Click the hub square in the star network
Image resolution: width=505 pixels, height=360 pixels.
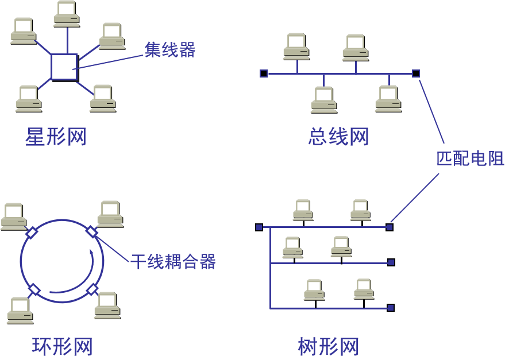(x=64, y=67)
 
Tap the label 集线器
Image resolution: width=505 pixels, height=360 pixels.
(x=169, y=50)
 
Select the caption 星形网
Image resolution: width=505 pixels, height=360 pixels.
(x=56, y=137)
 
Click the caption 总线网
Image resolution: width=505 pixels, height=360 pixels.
(x=338, y=137)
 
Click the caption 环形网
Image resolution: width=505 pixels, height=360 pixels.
(x=62, y=346)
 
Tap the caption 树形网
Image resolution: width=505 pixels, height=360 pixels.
(x=329, y=346)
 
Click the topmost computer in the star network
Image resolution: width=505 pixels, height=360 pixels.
(x=67, y=14)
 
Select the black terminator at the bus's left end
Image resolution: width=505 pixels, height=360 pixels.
(x=264, y=73)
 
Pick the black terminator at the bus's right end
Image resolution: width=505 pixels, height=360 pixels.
(x=416, y=73)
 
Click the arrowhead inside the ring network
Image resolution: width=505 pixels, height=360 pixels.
(x=92, y=252)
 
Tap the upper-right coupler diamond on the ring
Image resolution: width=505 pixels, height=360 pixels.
(x=92, y=231)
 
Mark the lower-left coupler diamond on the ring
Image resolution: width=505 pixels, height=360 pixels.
(x=34, y=289)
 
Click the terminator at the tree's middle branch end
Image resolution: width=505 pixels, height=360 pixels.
(x=391, y=262)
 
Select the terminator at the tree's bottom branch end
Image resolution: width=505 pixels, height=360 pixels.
(x=391, y=308)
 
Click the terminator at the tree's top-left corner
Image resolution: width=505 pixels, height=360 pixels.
(x=259, y=227)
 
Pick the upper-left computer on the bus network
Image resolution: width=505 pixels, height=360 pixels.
(x=297, y=47)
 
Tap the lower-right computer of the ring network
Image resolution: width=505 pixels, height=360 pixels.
(x=107, y=305)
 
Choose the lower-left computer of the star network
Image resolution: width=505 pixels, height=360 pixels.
(x=28, y=99)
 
